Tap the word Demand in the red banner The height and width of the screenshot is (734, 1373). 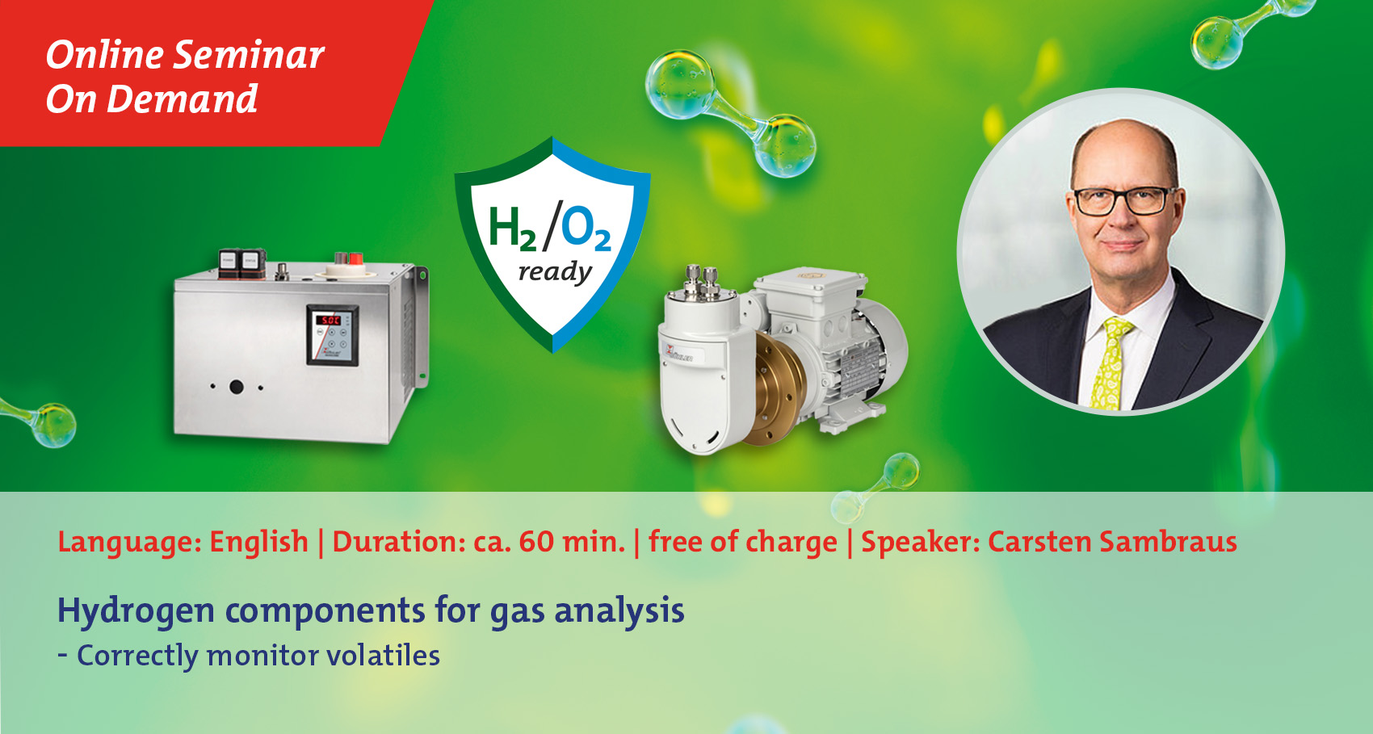[x=182, y=99]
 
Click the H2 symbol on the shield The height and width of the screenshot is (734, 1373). [x=512, y=229]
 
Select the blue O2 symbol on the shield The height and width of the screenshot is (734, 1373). [x=586, y=228]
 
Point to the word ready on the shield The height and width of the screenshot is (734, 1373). [x=556, y=272]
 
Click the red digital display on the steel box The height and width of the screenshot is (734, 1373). [x=328, y=320]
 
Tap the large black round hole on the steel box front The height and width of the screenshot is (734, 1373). [x=237, y=387]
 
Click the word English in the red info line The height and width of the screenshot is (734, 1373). [x=258, y=543]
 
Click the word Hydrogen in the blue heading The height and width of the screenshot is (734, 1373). [x=136, y=611]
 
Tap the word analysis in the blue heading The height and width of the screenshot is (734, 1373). [x=619, y=611]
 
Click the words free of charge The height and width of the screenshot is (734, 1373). [x=742, y=543]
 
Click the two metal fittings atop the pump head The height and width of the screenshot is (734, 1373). [x=702, y=281]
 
